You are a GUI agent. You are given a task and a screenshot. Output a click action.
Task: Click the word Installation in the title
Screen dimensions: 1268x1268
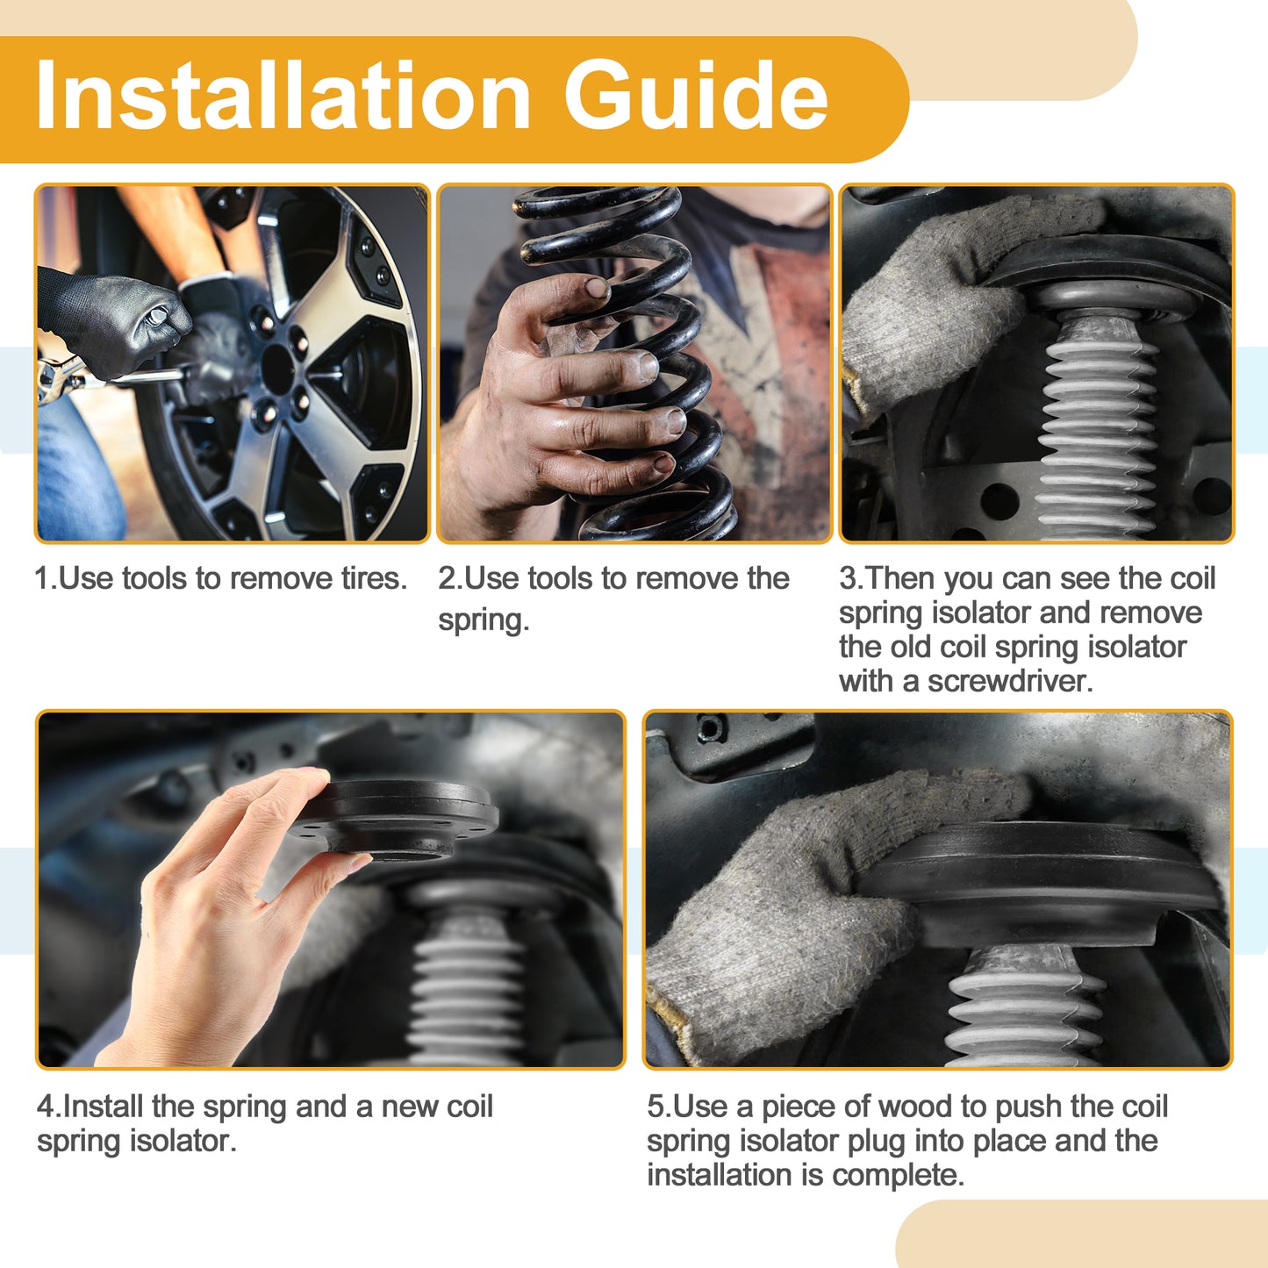pyautogui.click(x=283, y=96)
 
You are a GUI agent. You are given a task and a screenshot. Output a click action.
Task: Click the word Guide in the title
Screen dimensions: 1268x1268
pyautogui.click(x=696, y=96)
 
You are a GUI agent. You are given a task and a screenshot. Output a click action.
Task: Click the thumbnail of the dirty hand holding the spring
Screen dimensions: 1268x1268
pyautogui.click(x=634, y=363)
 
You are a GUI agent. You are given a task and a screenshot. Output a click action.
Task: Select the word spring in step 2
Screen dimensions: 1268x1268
pyautogui.click(x=484, y=620)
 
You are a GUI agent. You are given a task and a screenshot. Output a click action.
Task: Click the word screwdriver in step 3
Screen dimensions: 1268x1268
pyautogui.click(x=1010, y=682)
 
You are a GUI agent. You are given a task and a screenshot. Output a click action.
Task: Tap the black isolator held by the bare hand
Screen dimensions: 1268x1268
pyautogui.click(x=393, y=820)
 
